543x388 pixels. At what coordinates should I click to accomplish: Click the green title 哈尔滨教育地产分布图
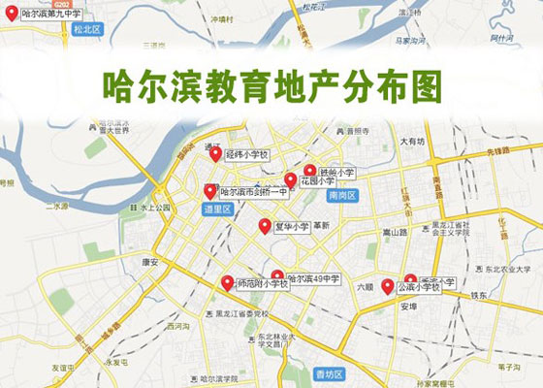pyautogui.click(x=272, y=85)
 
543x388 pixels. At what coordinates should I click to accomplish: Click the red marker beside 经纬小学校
pyautogui.click(x=215, y=152)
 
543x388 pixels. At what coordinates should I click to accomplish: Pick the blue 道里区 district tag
pyautogui.click(x=216, y=208)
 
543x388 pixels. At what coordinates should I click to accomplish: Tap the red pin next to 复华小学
pyautogui.click(x=265, y=226)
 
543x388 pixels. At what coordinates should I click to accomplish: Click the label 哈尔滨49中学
pyautogui.click(x=312, y=279)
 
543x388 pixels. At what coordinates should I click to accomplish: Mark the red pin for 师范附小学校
pyautogui.click(x=227, y=283)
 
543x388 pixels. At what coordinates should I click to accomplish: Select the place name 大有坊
pyautogui.click(x=415, y=142)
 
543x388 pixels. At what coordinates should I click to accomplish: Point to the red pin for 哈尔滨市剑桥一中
pyautogui.click(x=209, y=191)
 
